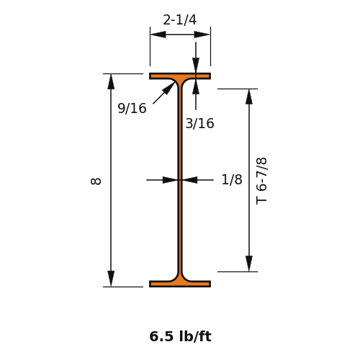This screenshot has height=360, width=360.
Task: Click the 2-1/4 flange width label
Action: [x=180, y=19]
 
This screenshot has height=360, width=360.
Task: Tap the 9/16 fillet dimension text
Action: [x=132, y=108]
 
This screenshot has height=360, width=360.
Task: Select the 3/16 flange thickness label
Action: [x=199, y=124]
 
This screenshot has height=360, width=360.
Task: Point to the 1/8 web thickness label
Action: [x=232, y=179]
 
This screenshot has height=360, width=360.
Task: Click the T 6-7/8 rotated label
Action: [x=261, y=181]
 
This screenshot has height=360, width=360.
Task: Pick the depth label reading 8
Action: [x=96, y=181]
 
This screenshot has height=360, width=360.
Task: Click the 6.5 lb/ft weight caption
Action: [x=180, y=336]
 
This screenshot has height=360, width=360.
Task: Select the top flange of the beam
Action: [x=180, y=76]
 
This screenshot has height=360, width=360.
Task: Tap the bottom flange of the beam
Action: [x=180, y=284]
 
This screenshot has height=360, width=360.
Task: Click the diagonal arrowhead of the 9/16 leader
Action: [x=169, y=87]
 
